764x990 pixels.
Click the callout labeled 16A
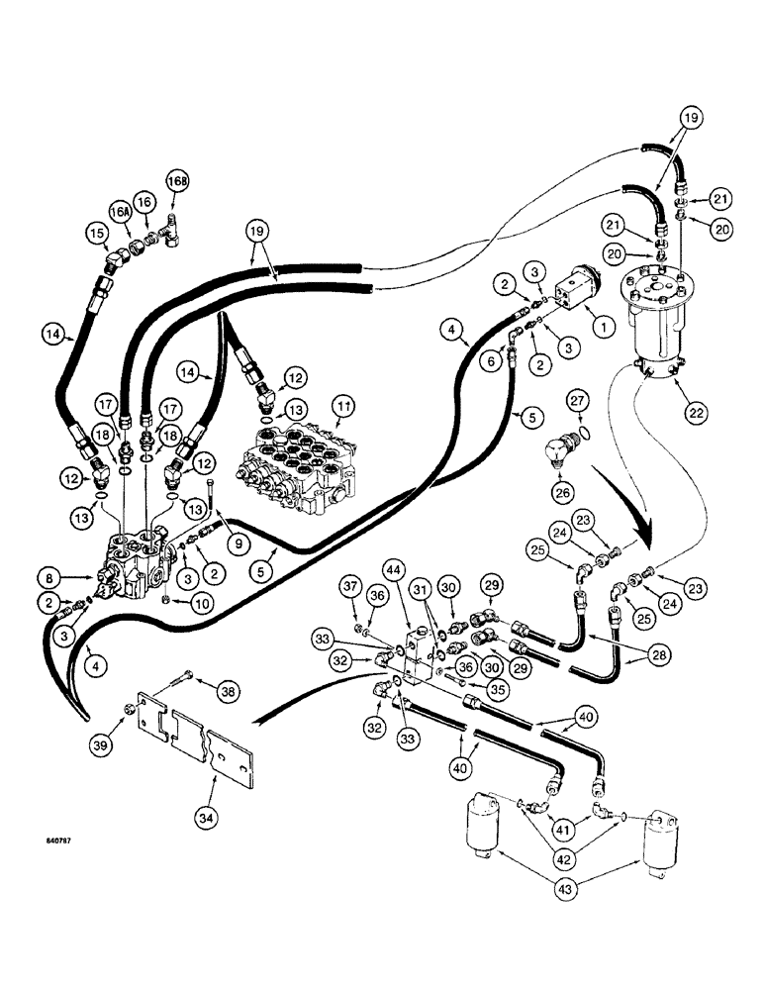[x=120, y=212]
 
